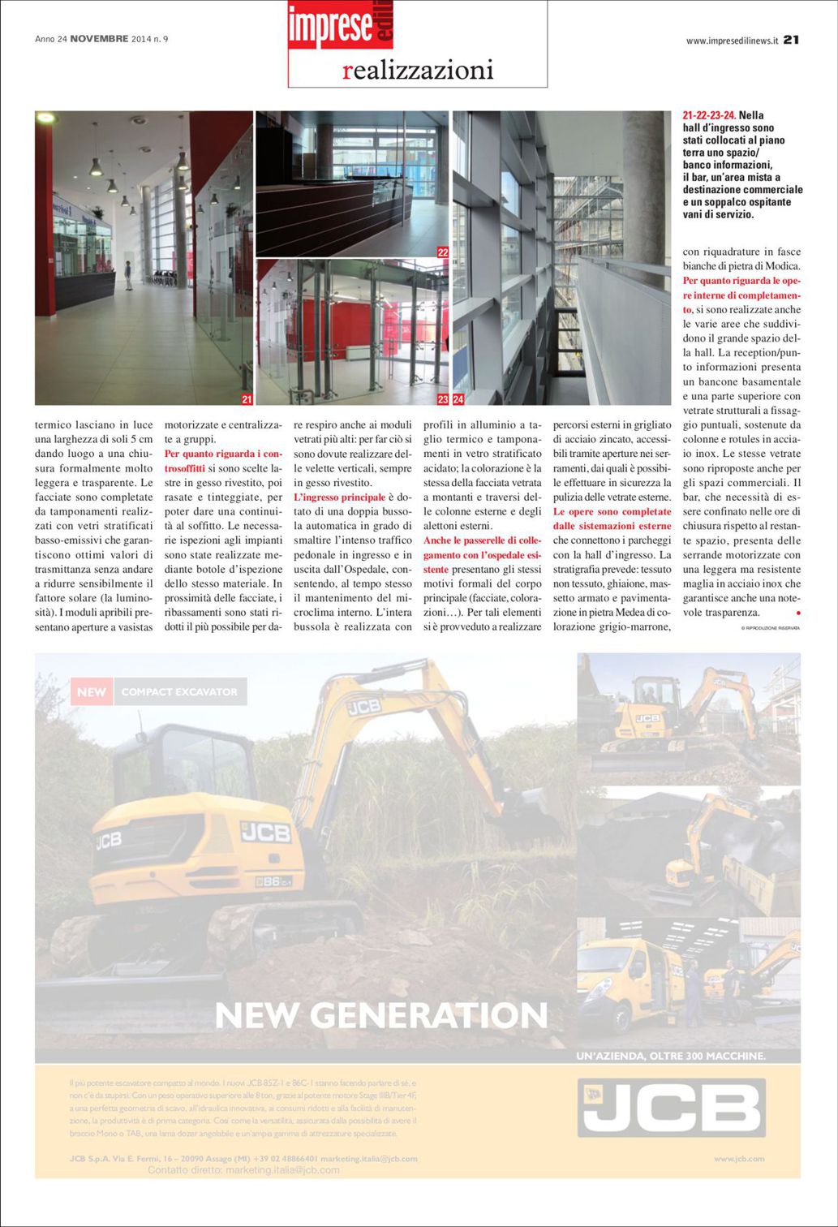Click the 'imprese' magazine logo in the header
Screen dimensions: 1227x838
point(329,27)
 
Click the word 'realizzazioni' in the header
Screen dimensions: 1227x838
point(418,71)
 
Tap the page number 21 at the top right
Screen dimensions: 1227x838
point(792,39)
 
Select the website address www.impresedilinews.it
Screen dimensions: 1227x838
point(732,40)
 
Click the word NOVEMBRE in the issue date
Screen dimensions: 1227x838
point(99,39)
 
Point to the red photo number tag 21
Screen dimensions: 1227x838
point(247,399)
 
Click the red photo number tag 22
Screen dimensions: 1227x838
point(443,252)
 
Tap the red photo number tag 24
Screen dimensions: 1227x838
point(458,399)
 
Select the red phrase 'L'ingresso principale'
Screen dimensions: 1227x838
point(339,497)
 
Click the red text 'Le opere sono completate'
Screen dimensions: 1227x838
point(612,511)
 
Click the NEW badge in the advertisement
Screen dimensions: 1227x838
point(92,692)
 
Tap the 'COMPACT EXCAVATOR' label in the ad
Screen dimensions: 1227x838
point(179,692)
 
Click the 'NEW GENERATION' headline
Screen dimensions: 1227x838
point(381,1014)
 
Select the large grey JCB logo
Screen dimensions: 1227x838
point(672,1108)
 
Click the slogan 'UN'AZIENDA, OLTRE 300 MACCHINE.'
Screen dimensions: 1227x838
point(670,1056)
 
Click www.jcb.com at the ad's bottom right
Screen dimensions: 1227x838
point(739,1159)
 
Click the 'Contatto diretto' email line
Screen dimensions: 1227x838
point(243,1170)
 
